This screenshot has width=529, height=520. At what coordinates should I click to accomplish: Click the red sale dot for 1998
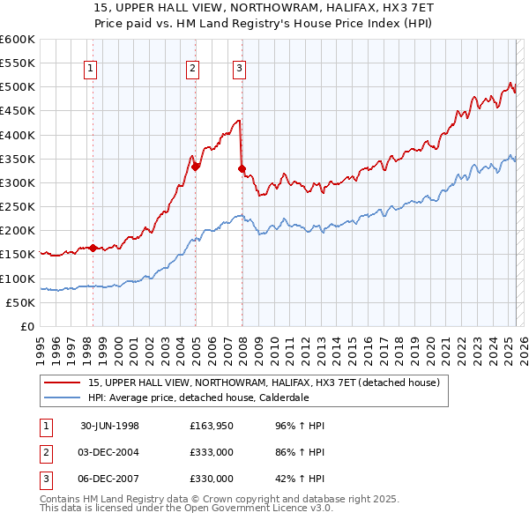93,248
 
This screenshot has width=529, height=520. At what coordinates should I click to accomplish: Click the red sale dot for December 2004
196,166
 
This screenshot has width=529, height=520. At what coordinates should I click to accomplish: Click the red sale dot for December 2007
242,167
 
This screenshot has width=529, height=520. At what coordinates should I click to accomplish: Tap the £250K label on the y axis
18,207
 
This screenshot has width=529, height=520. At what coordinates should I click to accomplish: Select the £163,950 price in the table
212,426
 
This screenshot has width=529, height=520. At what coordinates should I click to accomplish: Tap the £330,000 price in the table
212,479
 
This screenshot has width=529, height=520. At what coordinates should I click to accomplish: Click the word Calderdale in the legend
282,397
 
